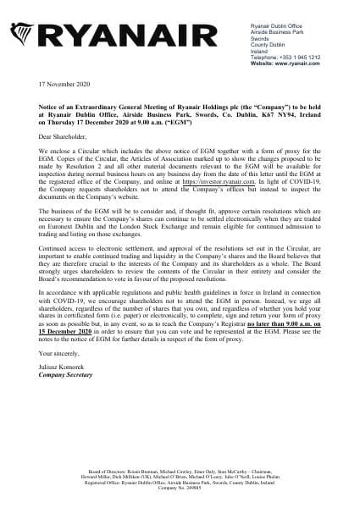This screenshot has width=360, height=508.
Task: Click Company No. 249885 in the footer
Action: click(x=180, y=499)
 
